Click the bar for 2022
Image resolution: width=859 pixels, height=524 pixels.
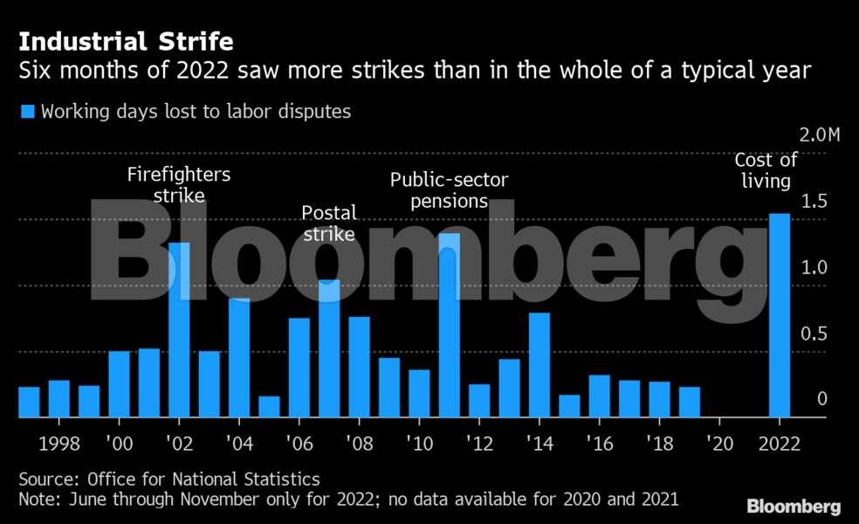click(780, 315)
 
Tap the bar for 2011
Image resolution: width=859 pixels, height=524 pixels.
click(449, 325)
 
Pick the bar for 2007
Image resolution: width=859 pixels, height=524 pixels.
click(329, 348)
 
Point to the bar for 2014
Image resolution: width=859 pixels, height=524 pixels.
click(539, 365)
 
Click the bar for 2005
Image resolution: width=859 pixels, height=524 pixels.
click(269, 407)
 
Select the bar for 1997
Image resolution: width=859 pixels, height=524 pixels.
click(29, 402)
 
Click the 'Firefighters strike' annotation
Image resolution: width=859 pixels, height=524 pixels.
click(179, 184)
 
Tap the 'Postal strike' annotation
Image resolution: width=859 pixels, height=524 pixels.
click(328, 223)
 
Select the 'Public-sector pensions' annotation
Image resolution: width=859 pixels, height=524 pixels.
click(449, 190)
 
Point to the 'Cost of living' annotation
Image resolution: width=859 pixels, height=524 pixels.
click(766, 170)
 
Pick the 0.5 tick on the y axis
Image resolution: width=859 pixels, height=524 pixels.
click(814, 334)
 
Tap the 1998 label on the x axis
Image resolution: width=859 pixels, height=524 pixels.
click(59, 444)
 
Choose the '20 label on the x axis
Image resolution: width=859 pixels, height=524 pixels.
click(719, 444)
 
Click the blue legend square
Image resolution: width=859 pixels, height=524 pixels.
click(27, 112)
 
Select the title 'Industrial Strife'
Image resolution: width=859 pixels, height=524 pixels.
click(126, 41)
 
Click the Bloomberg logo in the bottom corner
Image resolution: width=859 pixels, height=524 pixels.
click(794, 507)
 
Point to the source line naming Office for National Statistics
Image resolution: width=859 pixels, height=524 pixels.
click(169, 479)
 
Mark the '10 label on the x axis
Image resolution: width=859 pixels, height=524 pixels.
click(419, 444)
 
